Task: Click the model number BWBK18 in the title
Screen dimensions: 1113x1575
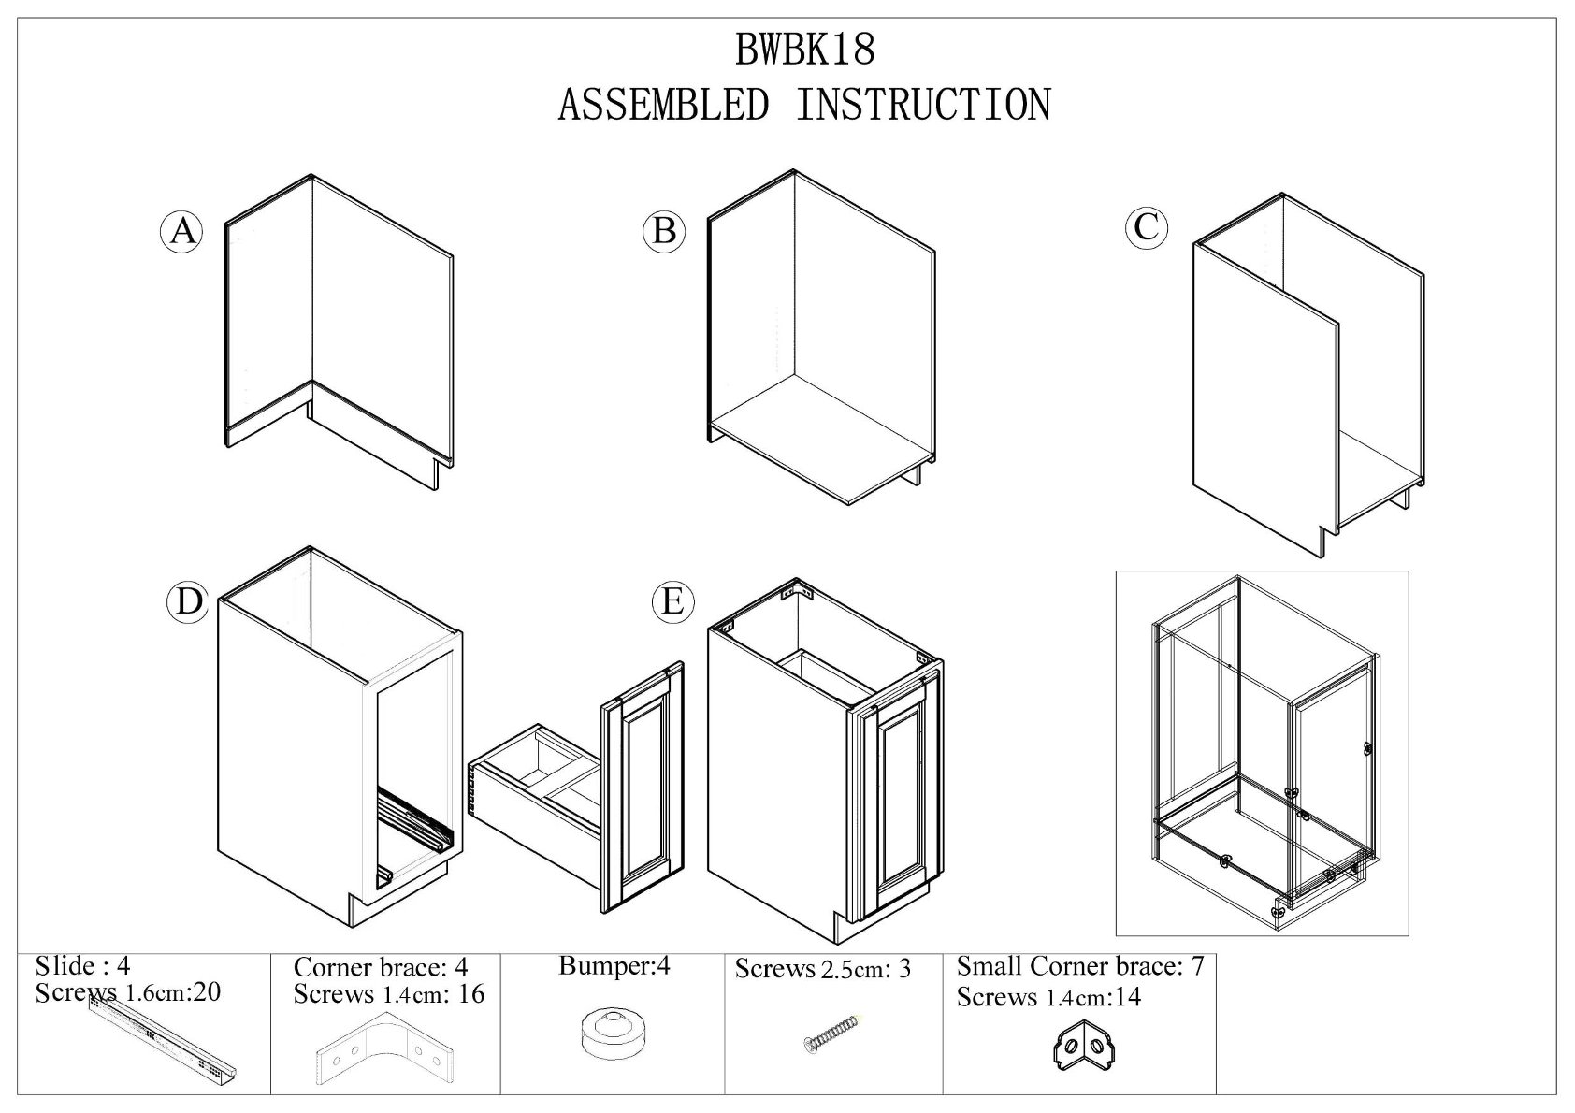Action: (805, 50)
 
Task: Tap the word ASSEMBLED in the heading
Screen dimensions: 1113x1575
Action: (662, 104)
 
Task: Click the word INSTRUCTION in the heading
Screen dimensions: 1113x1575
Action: (922, 104)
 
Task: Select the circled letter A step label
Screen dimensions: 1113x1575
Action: (182, 230)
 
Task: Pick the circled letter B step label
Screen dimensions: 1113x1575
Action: (665, 230)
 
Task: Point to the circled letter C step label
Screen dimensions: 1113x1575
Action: (1147, 226)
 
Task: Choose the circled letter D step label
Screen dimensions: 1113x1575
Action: (189, 601)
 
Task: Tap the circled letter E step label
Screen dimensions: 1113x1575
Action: (672, 601)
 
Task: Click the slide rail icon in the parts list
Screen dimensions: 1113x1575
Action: (164, 1038)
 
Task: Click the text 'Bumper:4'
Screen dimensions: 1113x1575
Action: (614, 965)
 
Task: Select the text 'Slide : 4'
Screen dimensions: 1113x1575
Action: (82, 964)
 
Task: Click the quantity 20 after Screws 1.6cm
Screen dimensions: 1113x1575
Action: (205, 992)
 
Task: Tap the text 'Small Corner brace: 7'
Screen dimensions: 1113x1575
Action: (1079, 965)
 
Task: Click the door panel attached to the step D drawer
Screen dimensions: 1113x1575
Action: (643, 786)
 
